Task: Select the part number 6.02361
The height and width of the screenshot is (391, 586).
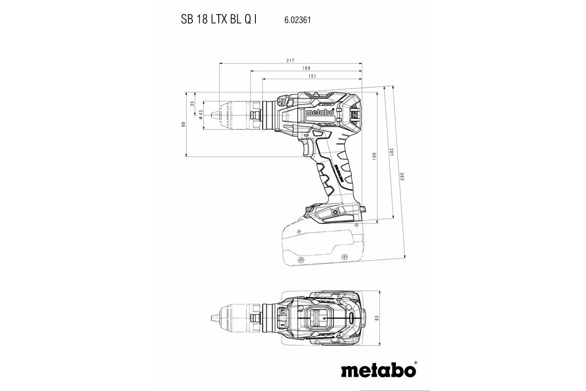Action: [x=297, y=21]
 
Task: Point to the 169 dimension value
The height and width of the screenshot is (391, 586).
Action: [x=306, y=68]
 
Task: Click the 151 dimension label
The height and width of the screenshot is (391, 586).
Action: [x=312, y=76]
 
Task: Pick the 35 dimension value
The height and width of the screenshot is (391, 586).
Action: [x=192, y=104]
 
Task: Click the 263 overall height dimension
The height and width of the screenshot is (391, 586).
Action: [x=401, y=177]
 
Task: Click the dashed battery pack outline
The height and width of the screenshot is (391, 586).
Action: [x=320, y=242]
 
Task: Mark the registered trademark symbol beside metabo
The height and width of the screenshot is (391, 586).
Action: [x=416, y=363]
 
